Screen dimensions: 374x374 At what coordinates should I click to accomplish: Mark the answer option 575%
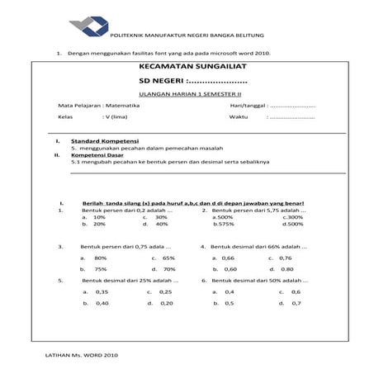(x=224, y=224)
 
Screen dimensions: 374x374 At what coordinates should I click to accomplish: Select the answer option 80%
(x=102, y=258)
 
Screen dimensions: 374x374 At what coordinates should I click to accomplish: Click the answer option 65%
(x=168, y=258)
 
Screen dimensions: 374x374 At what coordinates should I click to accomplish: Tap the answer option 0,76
(x=285, y=258)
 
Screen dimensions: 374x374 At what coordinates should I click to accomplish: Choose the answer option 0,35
(x=102, y=292)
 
